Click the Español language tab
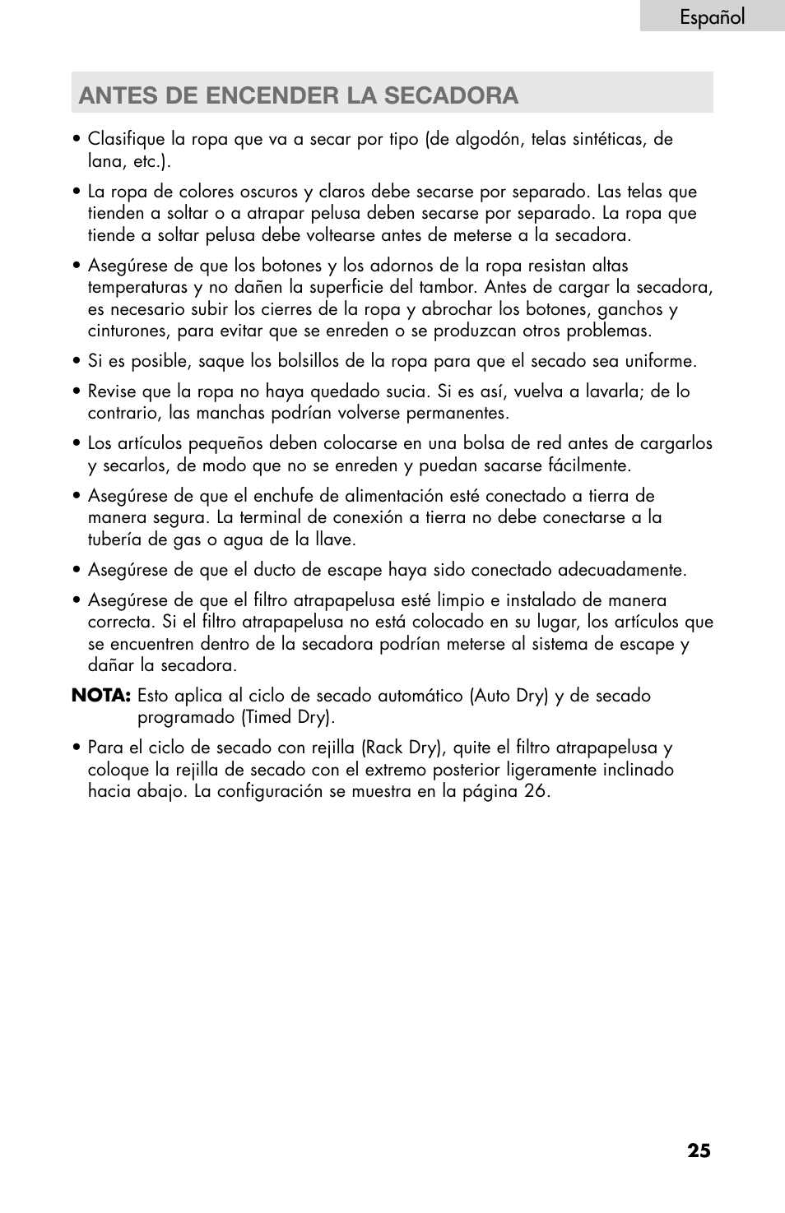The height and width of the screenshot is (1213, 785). (712, 16)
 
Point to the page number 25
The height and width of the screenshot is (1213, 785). (699, 1150)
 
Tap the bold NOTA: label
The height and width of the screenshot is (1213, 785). (101, 696)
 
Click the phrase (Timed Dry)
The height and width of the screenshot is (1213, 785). (287, 717)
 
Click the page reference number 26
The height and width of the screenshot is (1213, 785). (536, 791)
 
